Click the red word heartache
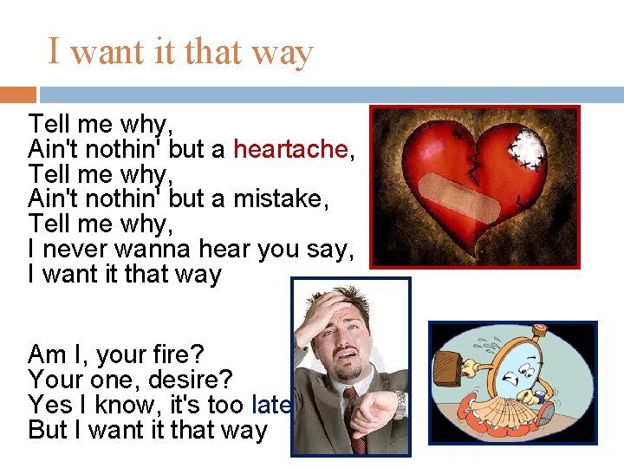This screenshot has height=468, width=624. [x=290, y=150]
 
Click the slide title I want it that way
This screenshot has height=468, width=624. [x=180, y=52]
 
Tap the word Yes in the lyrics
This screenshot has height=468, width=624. [x=49, y=405]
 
